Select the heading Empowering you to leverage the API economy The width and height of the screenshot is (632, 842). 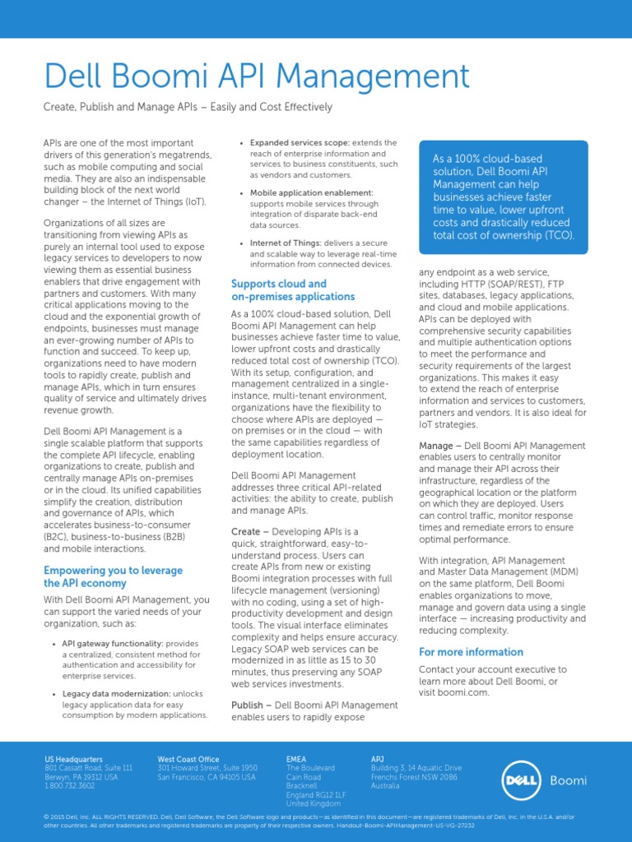pyautogui.click(x=113, y=576)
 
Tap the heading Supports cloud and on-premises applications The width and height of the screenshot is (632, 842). pyautogui.click(x=293, y=289)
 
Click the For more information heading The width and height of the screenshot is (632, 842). pyautogui.click(x=471, y=652)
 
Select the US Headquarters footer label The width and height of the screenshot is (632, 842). pyautogui.click(x=73, y=758)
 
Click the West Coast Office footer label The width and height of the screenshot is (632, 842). pyautogui.click(x=188, y=758)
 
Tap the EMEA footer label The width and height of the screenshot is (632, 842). pyautogui.click(x=296, y=758)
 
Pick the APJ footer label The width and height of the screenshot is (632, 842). pyautogui.click(x=378, y=758)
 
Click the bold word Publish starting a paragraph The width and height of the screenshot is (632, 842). pyautogui.click(x=247, y=705)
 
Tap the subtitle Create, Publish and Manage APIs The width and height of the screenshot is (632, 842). pyautogui.click(x=188, y=107)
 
